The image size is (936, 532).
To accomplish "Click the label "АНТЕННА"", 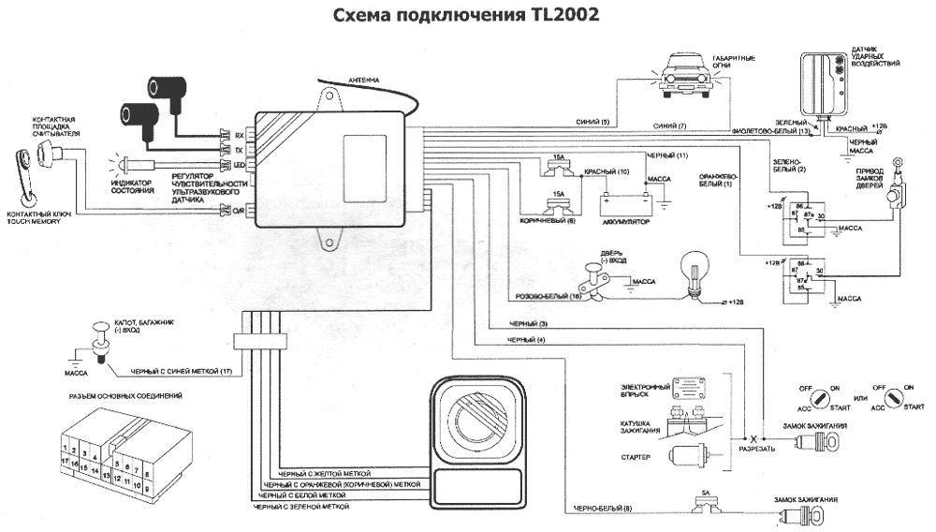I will click(362, 81).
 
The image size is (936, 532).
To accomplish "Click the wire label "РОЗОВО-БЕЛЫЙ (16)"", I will click(549, 296).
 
